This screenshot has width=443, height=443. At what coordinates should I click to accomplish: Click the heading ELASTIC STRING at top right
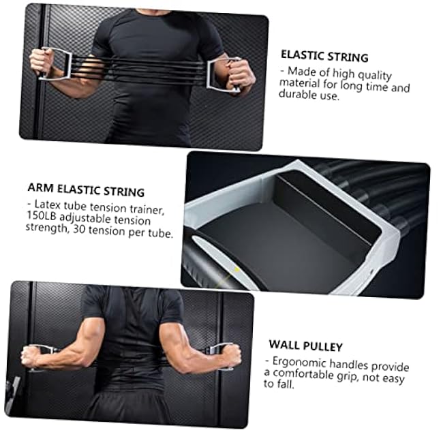point(324,57)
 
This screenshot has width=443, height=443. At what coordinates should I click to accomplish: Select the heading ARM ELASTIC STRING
point(86,192)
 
